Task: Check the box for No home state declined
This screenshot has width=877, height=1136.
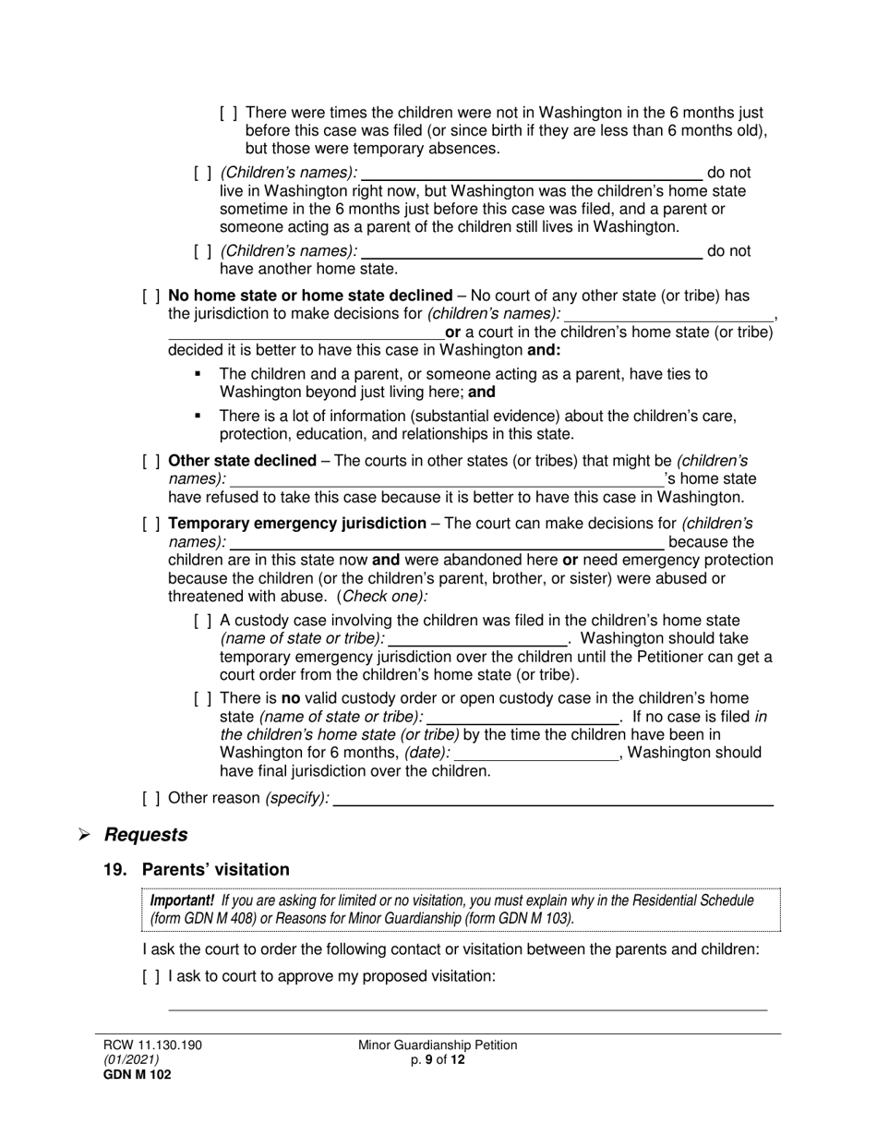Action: pos(151,296)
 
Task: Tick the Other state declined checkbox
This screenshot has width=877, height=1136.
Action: pos(151,461)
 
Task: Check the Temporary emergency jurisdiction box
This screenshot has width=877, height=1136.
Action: pos(151,524)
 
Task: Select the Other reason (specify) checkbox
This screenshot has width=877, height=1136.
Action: pos(151,798)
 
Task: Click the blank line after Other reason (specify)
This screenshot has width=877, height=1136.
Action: pos(552,800)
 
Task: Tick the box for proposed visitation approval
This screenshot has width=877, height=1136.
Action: pos(151,975)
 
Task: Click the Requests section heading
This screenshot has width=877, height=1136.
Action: pos(146,835)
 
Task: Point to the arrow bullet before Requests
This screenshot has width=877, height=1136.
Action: pos(84,836)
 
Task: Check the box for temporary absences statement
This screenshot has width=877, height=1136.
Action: pos(229,114)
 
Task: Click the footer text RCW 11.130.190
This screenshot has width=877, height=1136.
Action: pos(152,1045)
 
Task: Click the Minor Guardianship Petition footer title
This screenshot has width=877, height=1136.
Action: pos(438,1045)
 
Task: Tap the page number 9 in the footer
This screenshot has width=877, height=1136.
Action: pos(429,1060)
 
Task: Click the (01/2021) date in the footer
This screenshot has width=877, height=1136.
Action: pos(131,1060)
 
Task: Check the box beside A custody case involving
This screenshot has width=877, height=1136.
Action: pos(203,622)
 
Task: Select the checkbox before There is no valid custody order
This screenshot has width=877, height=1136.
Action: pos(203,699)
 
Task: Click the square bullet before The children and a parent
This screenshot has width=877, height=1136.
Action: pos(198,375)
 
